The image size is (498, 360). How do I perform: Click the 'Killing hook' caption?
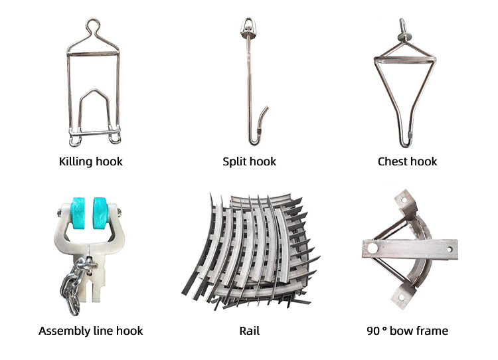pyautogui.click(x=90, y=161)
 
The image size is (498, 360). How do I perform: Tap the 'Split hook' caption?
pyautogui.click(x=249, y=161)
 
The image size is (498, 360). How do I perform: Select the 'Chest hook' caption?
pyautogui.click(x=407, y=161)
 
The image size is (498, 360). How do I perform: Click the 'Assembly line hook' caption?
pyautogui.click(x=90, y=331)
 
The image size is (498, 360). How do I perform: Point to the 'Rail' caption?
pyautogui.click(x=249, y=331)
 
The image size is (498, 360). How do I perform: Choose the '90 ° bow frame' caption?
pyautogui.click(x=407, y=331)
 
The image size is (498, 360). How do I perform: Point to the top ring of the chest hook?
pyautogui.click(x=404, y=25)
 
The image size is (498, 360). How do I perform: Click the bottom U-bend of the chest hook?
pyautogui.click(x=405, y=143)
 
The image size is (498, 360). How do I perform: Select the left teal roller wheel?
pyautogui.click(x=78, y=213)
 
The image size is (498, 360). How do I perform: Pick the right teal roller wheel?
pyautogui.click(x=101, y=213)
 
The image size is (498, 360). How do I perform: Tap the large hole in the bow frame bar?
pyautogui.click(x=373, y=247)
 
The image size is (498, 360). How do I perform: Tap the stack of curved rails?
pyautogui.click(x=251, y=251)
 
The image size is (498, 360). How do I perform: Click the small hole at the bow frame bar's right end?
pyautogui.click(x=450, y=249)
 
